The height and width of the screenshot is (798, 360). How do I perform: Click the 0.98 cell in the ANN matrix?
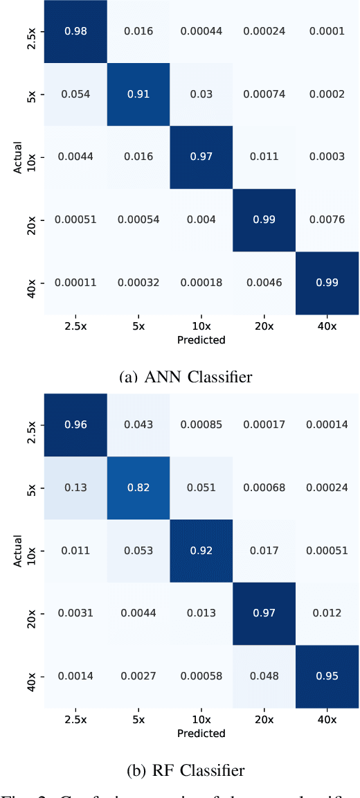(75, 31)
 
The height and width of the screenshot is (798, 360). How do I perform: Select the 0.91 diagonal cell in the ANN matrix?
(138, 94)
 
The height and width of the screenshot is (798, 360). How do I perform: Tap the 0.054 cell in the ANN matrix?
(75, 94)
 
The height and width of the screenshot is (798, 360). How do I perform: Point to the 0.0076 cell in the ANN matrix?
(326, 220)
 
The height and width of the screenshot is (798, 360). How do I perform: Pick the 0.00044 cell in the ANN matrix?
(201, 31)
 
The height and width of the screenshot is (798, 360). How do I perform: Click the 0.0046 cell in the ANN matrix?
(263, 283)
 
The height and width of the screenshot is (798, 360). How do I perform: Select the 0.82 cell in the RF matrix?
(138, 488)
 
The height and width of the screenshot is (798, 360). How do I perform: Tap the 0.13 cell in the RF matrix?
(75, 488)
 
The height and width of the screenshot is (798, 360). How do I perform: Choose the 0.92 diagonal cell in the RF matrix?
(201, 551)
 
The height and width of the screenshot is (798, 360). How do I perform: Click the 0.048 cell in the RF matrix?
(263, 676)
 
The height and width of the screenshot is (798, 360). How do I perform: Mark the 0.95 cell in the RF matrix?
(326, 676)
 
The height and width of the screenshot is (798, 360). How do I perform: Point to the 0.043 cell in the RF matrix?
(138, 425)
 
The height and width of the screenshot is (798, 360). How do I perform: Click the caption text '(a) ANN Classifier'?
(186, 377)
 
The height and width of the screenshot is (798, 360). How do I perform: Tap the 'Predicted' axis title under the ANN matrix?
(201, 340)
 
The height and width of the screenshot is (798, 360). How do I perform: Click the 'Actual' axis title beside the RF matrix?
(17, 551)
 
